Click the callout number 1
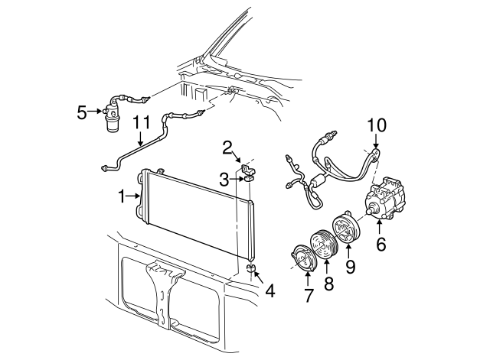[122, 196]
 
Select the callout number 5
[82, 112]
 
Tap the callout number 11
[142, 122]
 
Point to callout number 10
[377, 125]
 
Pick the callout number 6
[381, 244]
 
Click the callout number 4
[270, 291]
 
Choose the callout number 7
[309, 296]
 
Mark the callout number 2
[227, 148]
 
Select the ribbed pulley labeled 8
[324, 245]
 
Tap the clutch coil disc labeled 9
[346, 229]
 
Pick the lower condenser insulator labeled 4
[250, 268]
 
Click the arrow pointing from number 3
[237, 179]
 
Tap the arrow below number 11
[141, 139]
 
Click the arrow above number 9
[348, 251]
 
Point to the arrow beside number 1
[133, 196]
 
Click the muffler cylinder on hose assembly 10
[318, 180]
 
